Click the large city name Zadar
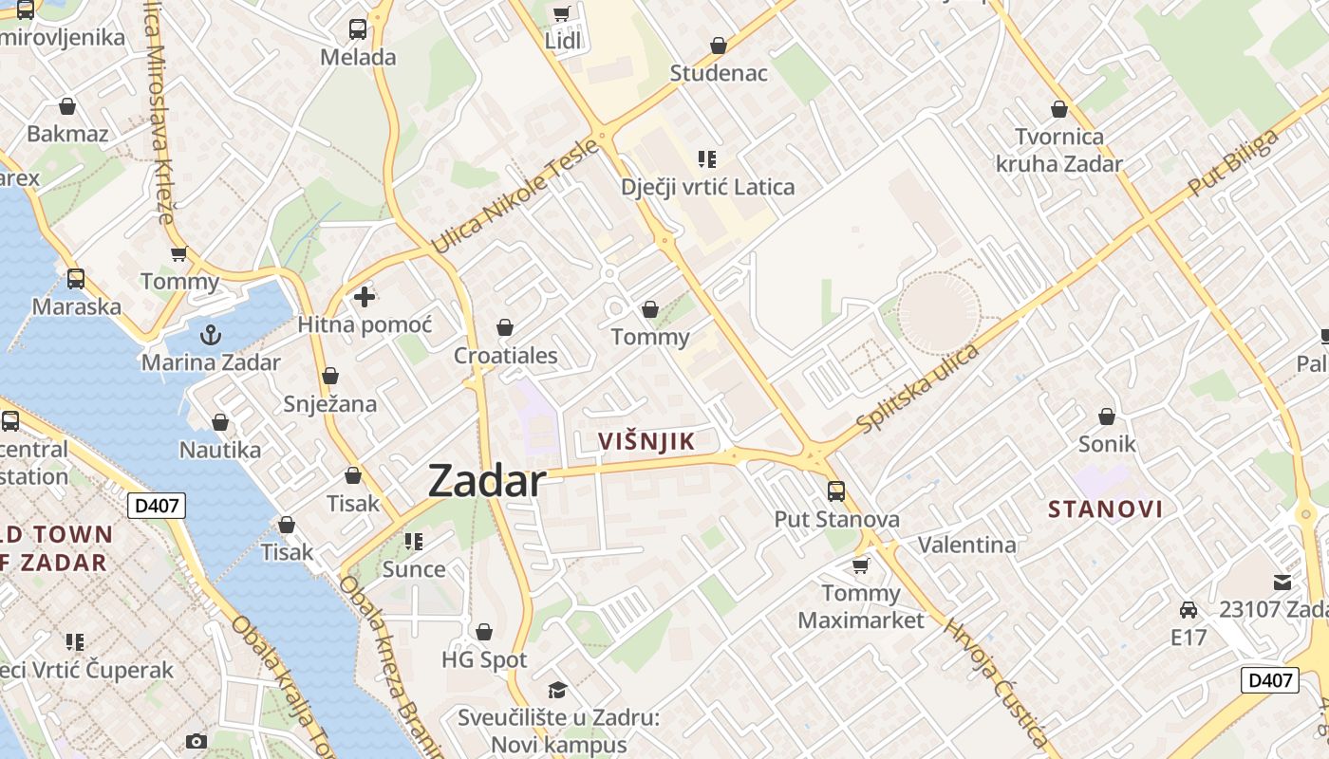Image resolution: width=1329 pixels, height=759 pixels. (x=487, y=481)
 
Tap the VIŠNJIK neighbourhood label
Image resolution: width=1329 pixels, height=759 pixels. (x=647, y=441)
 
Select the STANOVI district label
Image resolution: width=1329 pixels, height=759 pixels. (x=1105, y=509)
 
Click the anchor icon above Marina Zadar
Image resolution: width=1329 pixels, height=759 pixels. (x=211, y=334)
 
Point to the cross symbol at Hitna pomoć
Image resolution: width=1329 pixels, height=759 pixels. (x=364, y=298)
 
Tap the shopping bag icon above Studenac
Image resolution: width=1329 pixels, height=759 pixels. (x=719, y=46)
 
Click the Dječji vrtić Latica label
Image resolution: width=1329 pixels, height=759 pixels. (x=707, y=187)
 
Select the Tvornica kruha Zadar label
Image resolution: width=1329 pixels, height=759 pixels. (x=1058, y=151)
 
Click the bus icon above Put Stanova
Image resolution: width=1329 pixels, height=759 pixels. (x=836, y=491)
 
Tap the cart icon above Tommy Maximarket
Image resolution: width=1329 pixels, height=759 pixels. (x=861, y=565)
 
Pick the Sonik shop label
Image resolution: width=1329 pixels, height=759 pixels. (x=1107, y=443)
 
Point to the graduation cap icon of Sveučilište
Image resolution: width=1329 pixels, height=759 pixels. (x=557, y=690)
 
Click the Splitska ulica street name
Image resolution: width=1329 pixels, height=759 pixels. (x=918, y=388)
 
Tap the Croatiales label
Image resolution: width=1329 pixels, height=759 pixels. (x=505, y=357)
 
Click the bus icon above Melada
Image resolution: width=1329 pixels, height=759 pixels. (x=358, y=29)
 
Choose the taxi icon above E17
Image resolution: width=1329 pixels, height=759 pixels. (x=1188, y=609)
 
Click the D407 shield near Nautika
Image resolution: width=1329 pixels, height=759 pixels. (x=157, y=506)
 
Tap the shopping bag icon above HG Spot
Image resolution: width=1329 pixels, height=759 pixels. (x=484, y=632)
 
